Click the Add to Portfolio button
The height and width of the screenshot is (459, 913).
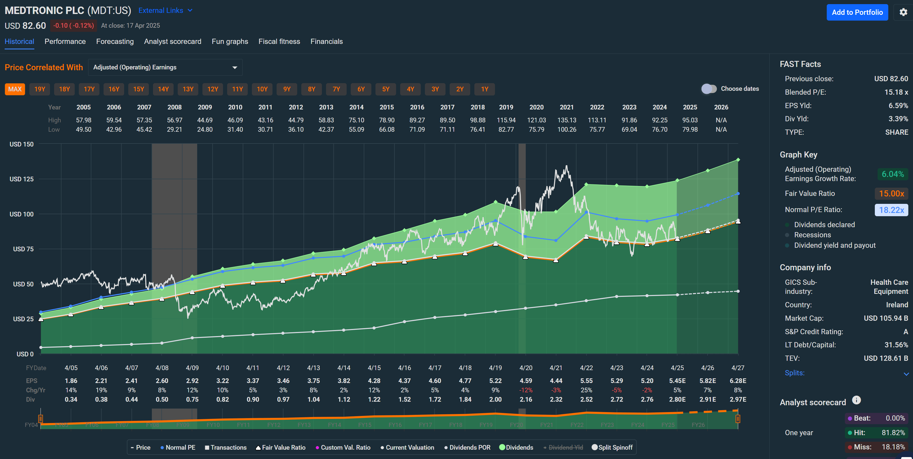(857, 12)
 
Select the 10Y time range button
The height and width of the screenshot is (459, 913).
(262, 89)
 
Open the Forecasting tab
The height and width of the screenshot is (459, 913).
(115, 41)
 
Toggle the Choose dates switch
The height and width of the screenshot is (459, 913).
(708, 89)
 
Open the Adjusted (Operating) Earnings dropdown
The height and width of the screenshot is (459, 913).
(165, 67)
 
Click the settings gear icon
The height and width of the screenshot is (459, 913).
(903, 12)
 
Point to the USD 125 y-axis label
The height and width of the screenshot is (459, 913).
(22, 179)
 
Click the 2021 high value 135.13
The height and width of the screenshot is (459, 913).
(566, 120)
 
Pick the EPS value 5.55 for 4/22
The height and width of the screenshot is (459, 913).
(586, 381)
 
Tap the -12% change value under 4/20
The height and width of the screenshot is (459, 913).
(526, 390)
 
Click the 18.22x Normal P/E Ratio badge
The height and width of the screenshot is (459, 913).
(891, 210)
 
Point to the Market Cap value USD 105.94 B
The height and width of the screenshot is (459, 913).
(885, 318)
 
